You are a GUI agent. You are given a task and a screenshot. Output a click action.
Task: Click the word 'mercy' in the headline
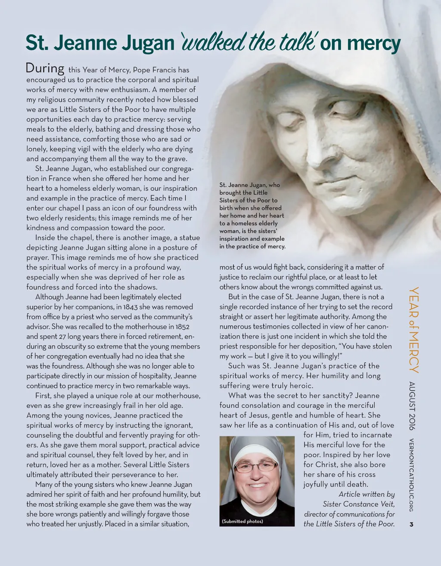pos(373,44)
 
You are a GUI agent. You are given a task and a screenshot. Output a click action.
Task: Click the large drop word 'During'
pos(45,68)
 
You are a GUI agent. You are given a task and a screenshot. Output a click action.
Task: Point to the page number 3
pos(411,524)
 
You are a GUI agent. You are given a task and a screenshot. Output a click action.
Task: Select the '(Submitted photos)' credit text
pos(242,521)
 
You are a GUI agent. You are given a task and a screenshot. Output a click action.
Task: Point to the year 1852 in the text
pos(180,327)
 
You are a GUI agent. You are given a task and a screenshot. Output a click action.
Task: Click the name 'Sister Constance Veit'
pos(359,504)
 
